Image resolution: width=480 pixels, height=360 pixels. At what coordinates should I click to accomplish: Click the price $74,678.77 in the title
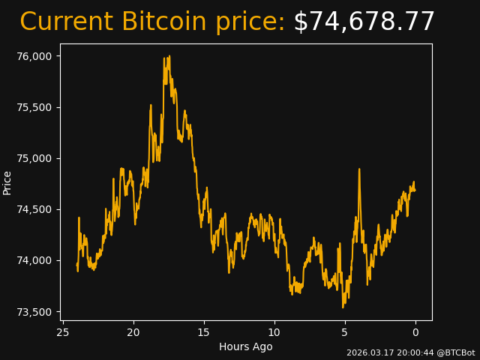click(x=364, y=22)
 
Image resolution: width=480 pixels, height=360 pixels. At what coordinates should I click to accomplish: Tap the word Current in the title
click(x=67, y=22)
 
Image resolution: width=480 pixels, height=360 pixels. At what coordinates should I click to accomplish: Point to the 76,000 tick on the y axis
click(x=34, y=56)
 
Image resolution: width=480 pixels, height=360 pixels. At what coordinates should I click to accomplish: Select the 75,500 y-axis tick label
click(x=34, y=107)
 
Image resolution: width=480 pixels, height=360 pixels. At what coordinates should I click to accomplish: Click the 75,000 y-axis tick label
click(x=34, y=158)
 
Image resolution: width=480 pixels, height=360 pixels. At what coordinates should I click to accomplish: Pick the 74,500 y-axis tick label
click(x=34, y=209)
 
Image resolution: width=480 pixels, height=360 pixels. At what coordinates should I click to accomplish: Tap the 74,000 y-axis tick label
click(x=34, y=260)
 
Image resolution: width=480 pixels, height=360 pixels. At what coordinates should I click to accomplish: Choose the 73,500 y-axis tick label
click(x=34, y=312)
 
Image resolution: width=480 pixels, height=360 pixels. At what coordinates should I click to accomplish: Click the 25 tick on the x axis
click(x=63, y=332)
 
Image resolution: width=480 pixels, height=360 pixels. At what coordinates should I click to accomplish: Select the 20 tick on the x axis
click(x=133, y=332)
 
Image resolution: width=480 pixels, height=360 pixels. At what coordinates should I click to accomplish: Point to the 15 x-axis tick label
click(x=204, y=332)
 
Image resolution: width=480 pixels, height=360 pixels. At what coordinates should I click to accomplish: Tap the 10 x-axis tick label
click(x=274, y=332)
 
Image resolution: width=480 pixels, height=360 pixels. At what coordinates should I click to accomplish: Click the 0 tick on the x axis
click(x=415, y=332)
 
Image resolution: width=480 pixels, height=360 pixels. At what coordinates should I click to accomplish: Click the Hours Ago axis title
click(x=246, y=346)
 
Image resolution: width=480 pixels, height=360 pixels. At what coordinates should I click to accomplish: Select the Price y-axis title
click(x=7, y=182)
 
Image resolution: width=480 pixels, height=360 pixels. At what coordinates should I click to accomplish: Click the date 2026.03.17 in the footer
click(x=367, y=352)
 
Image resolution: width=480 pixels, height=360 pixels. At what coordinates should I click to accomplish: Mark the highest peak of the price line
click(x=169, y=55)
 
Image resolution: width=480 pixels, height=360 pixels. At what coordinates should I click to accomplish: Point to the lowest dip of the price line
click(x=343, y=307)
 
